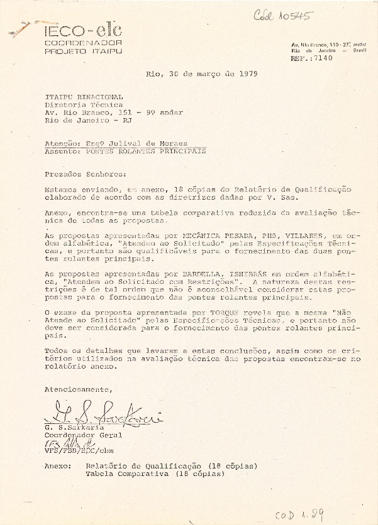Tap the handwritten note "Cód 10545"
tap(282, 16)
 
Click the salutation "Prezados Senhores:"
tap(81, 173)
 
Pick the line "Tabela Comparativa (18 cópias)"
tap(155, 474)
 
